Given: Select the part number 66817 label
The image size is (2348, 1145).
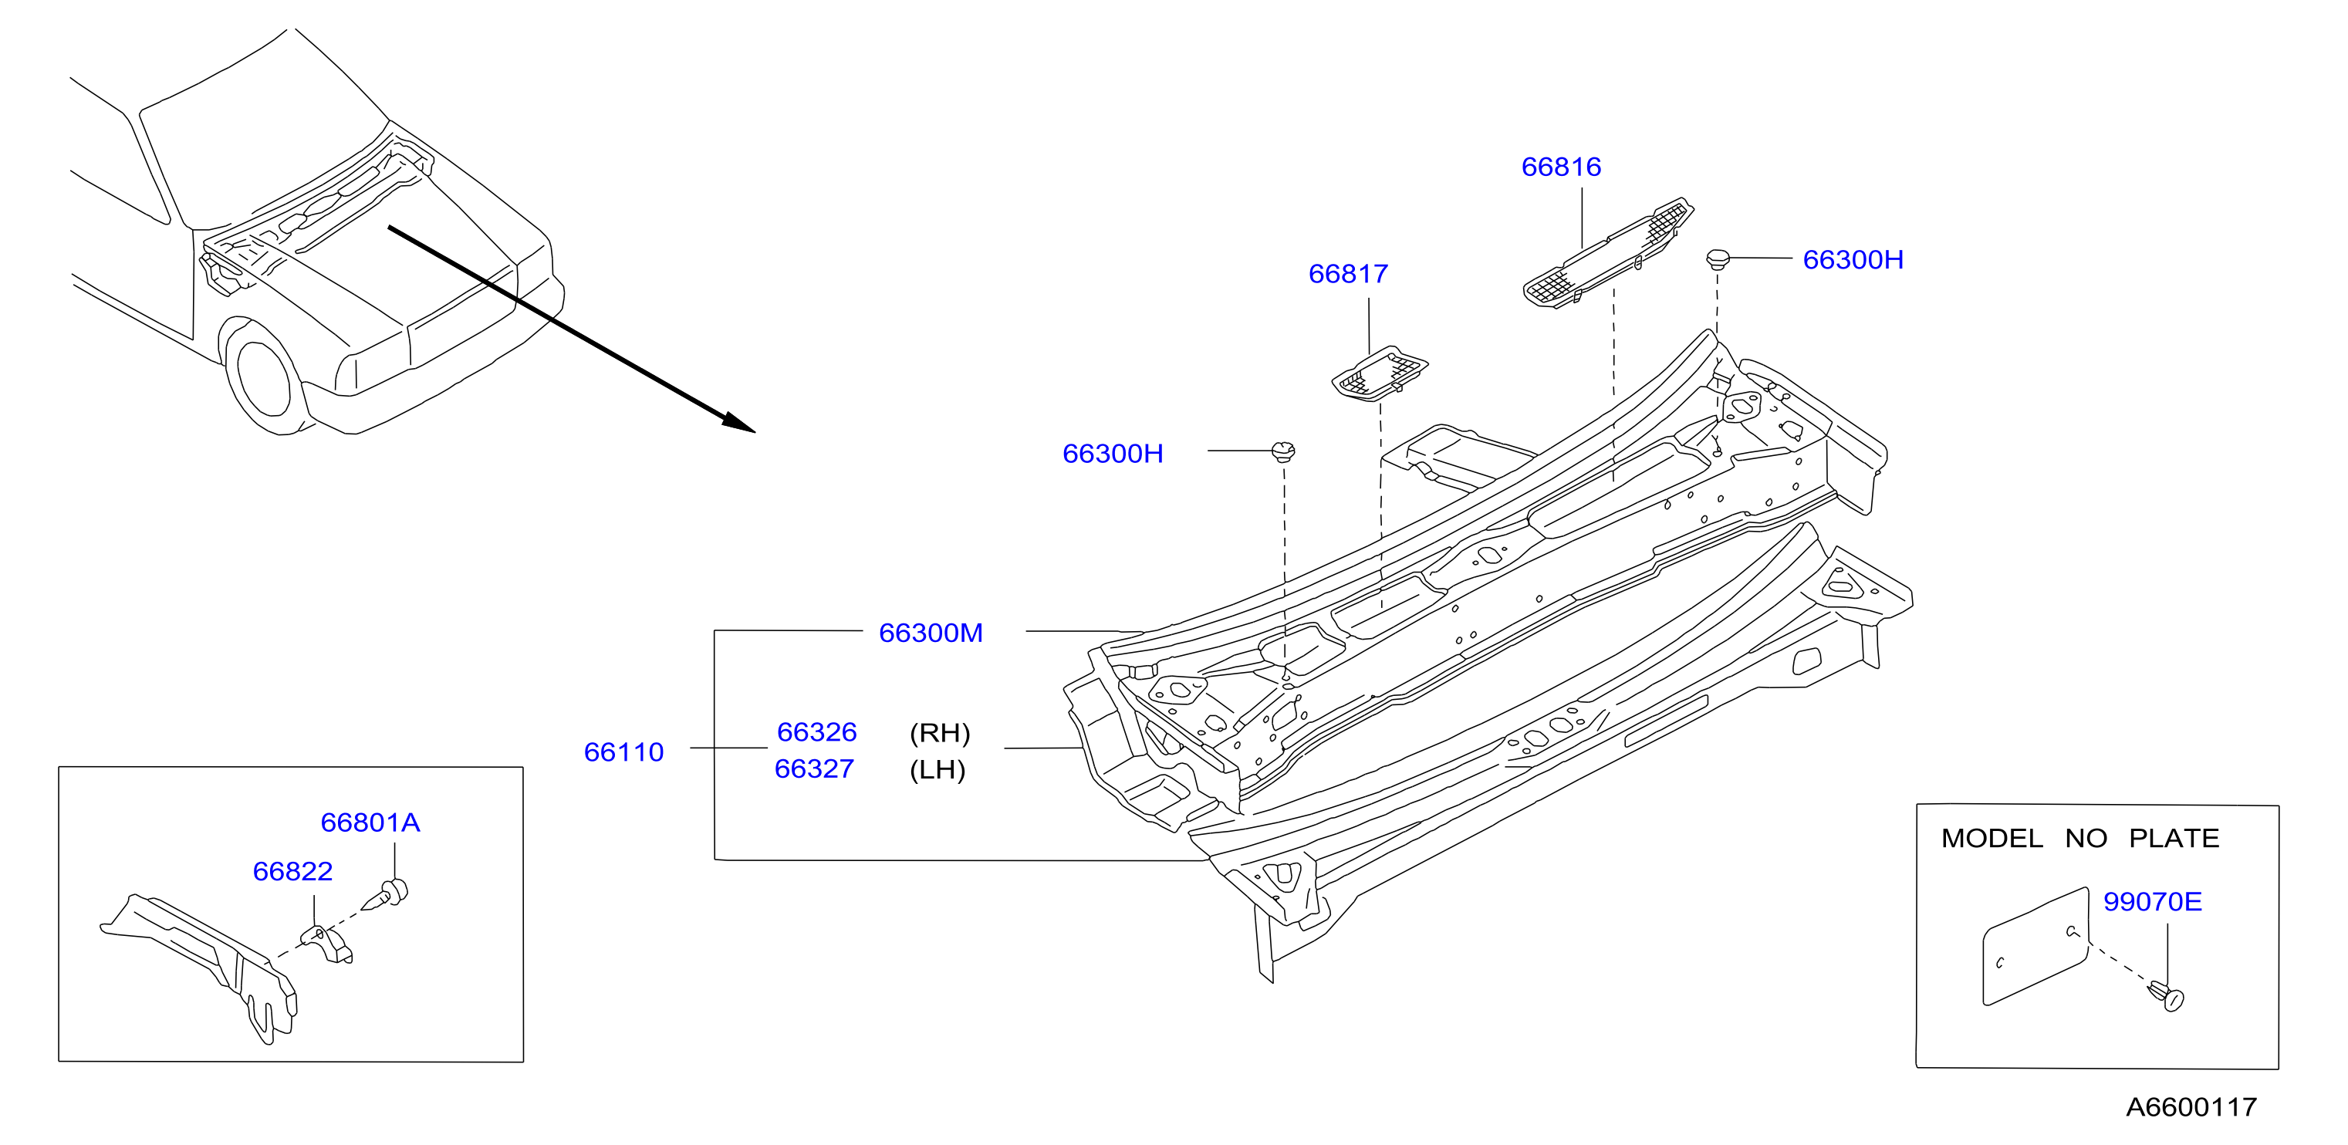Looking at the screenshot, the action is (1348, 273).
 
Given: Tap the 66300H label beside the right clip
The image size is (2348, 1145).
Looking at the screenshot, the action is (1853, 260).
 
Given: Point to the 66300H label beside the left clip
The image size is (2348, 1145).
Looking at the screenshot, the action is (1113, 453).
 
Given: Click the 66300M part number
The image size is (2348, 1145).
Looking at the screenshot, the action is (931, 633).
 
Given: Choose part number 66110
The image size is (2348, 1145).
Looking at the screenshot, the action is (623, 752).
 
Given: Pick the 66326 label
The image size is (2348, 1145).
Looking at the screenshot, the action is (816, 732).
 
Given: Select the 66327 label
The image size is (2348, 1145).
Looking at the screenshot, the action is (814, 768).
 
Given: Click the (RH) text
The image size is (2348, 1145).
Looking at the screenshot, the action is (940, 733).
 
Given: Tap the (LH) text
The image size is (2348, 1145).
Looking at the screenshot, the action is (937, 769).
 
